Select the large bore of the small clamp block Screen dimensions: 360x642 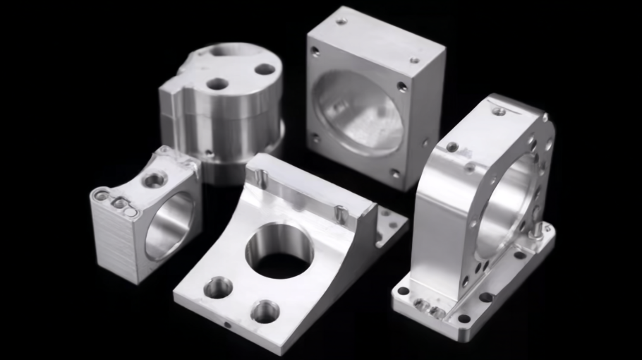pyautogui.click(x=169, y=225)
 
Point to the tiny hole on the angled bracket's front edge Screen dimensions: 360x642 pyautogui.click(x=226, y=325)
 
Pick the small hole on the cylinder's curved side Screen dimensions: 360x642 pyautogui.click(x=209, y=151)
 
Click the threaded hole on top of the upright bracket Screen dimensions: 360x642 pyautogui.click(x=499, y=111)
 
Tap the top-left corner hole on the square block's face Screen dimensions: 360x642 pyautogui.click(x=315, y=52)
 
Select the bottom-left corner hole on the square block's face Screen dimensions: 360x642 pyautogui.click(x=315, y=138)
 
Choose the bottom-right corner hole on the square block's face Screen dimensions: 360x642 pyautogui.click(x=395, y=173)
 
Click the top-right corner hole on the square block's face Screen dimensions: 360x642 pyautogui.click(x=402, y=87)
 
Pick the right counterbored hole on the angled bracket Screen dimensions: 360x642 pyautogui.click(x=265, y=310)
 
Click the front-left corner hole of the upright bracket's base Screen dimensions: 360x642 pyautogui.click(x=404, y=290)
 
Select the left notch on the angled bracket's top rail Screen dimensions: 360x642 pyautogui.click(x=260, y=174)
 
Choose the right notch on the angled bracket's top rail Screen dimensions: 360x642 pyautogui.click(x=341, y=212)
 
